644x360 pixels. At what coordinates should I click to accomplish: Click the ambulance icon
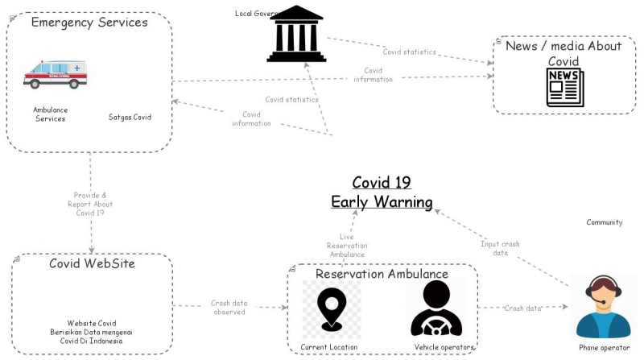[x=55, y=75]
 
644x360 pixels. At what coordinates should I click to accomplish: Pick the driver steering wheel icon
[x=436, y=309]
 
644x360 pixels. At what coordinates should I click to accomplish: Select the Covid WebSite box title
[x=92, y=264]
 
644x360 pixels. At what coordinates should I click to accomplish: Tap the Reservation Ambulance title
[x=382, y=274]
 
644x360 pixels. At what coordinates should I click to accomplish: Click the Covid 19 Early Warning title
[x=382, y=192]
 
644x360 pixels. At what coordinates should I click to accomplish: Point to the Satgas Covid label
[x=130, y=118]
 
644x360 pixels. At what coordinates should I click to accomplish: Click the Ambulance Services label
[x=50, y=114]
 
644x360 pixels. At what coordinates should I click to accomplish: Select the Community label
[x=604, y=222]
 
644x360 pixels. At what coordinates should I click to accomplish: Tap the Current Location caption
[x=329, y=347]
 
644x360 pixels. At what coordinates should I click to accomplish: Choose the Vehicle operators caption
[x=444, y=347]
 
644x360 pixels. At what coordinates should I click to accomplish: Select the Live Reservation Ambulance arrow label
[x=347, y=246]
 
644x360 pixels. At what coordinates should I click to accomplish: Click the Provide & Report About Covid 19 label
[x=90, y=204]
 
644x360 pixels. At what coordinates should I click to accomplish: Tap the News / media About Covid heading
[x=563, y=53]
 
